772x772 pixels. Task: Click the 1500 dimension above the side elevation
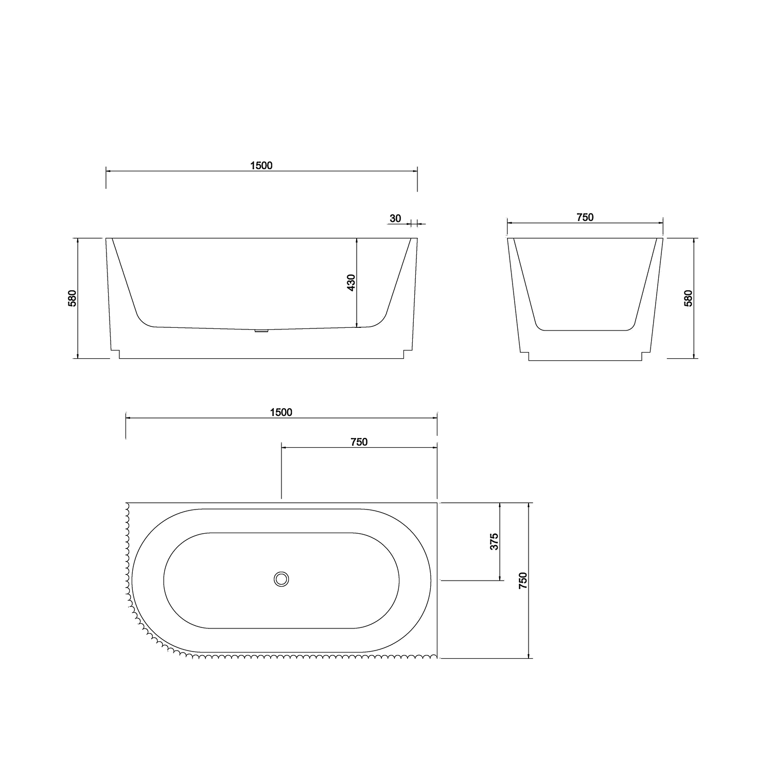(x=261, y=165)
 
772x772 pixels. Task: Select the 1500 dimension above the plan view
(x=281, y=412)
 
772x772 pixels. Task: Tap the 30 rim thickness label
(x=395, y=218)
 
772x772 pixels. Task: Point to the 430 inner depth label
(x=351, y=283)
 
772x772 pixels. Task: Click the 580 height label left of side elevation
(x=73, y=299)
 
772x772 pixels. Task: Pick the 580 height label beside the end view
(x=689, y=299)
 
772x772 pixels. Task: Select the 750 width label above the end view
(x=585, y=217)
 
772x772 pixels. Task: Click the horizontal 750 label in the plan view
(x=359, y=442)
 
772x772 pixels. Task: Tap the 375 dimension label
(x=494, y=542)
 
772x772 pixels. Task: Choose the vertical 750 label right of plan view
(x=523, y=581)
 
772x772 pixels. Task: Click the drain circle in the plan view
(x=282, y=579)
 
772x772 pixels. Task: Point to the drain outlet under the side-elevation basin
(x=262, y=331)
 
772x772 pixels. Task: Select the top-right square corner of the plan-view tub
(x=437, y=503)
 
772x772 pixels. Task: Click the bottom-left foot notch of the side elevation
(x=115, y=354)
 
